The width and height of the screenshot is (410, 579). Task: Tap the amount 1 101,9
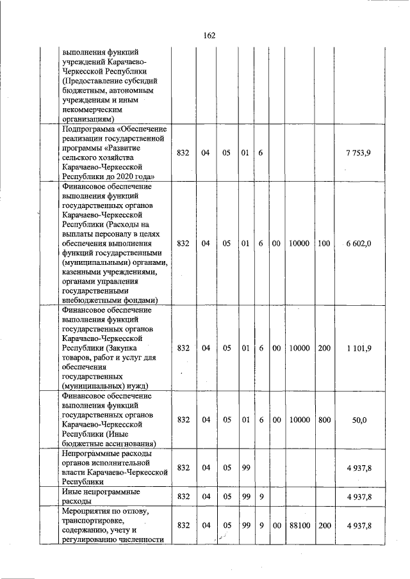tap(359, 348)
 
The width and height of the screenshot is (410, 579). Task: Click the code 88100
tap(299, 525)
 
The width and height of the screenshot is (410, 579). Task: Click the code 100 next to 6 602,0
tap(324, 244)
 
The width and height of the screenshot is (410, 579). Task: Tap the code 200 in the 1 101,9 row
tap(324, 348)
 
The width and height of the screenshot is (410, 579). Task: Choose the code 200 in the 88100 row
tap(324, 525)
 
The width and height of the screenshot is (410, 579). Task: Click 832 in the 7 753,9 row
tap(183, 154)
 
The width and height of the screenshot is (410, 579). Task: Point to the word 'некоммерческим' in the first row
tap(92, 109)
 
